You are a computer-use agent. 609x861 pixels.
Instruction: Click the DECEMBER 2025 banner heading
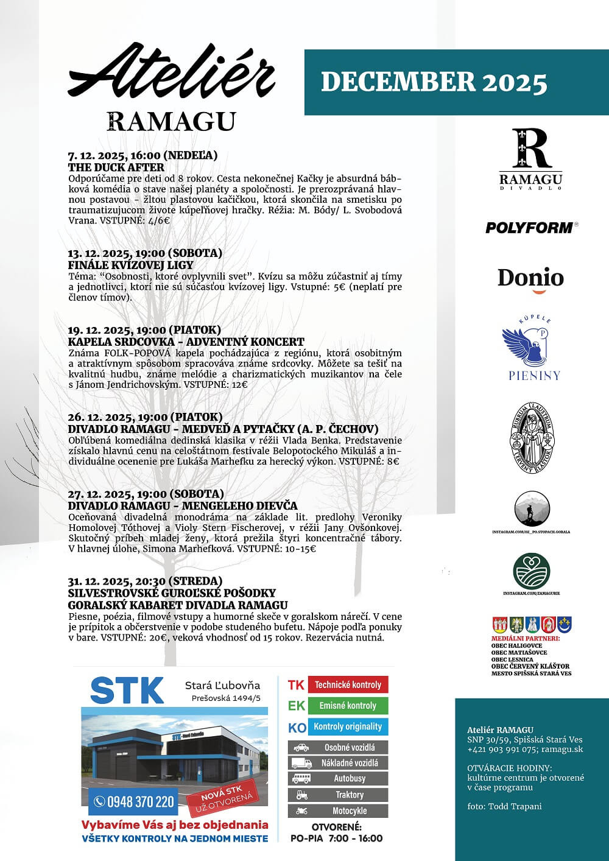pos(434,82)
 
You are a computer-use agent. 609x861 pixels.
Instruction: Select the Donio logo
pos(530,279)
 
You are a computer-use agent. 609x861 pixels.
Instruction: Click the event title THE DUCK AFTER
pos(116,167)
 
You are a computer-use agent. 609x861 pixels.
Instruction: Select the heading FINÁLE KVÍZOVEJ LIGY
pos(130,265)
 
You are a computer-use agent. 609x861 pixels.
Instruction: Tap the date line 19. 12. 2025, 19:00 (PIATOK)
pos(144,331)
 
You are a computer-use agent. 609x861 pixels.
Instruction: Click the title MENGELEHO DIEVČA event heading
pos(183,505)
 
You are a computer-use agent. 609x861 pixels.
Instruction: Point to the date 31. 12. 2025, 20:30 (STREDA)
pos(145,581)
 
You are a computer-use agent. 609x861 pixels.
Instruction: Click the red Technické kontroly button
pos(347,685)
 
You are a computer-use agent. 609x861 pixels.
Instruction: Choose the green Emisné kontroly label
pos(347,706)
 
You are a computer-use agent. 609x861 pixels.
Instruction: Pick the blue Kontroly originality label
pos(347,726)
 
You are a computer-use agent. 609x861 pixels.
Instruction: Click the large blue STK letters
pos(127,691)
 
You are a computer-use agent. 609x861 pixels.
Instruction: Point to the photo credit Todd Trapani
pos(504,806)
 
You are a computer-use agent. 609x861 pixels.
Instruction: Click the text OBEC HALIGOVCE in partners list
pos(516,645)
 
